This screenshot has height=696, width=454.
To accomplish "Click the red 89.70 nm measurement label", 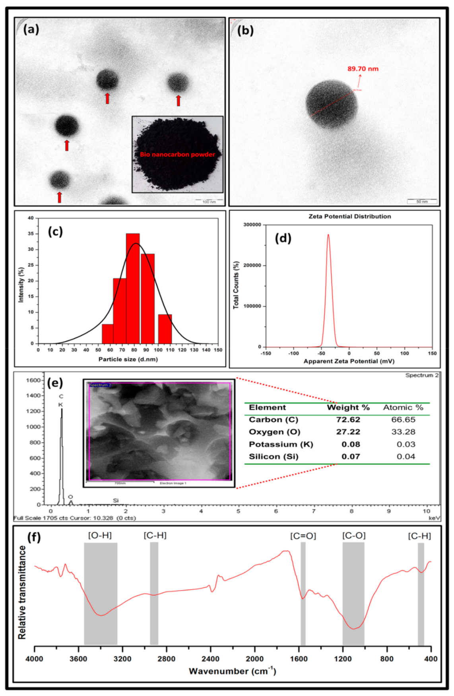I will pos(363,69).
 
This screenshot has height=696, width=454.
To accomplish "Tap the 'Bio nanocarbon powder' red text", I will pos(177,154).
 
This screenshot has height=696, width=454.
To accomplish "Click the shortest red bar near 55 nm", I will pos(107,333).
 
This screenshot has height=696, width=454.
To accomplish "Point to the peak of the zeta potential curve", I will pos(328,235).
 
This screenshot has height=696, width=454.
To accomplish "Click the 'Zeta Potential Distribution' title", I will pos(349,216).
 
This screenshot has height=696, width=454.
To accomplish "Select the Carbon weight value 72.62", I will pos(348,419).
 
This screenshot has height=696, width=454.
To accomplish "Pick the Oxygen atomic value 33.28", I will pos(403,432).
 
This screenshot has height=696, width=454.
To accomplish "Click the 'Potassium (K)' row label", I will pos(281,444).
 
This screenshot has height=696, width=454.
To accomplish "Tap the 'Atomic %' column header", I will pos(403,407).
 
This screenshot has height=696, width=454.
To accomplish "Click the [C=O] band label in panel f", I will pos(303,536).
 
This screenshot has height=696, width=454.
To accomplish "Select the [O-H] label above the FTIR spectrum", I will pos(100,535).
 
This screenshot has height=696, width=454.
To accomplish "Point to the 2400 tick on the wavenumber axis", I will pos(210,659).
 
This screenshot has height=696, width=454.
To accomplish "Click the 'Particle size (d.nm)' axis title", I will pos(128,359).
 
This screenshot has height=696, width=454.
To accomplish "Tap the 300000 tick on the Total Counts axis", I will pos(252,225).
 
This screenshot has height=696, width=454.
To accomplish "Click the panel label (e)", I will pos(55,383).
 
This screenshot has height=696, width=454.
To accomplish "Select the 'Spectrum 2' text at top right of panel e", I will pos(422,375).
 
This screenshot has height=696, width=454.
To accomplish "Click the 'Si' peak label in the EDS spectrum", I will pos(116,500).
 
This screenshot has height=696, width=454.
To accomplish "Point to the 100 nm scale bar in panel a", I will pos(209,202).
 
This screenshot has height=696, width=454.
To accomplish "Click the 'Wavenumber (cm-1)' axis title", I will pos(232,671).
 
